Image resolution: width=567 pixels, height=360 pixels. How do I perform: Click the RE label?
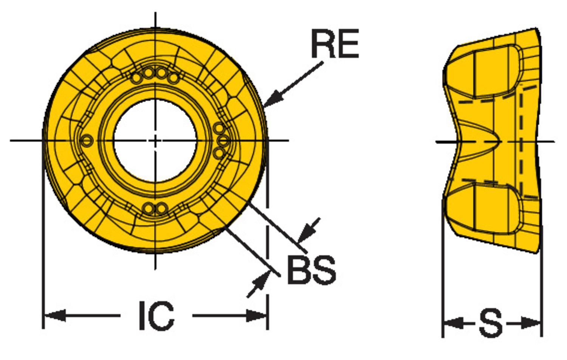335,45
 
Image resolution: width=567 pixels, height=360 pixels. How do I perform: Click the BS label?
311,270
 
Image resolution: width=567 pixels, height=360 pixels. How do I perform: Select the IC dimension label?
156,315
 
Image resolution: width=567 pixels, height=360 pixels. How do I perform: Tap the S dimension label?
491,323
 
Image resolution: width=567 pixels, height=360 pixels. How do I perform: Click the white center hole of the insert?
155,140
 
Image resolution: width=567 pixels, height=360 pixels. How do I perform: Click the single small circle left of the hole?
87,141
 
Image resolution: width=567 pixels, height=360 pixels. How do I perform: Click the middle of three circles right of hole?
223,141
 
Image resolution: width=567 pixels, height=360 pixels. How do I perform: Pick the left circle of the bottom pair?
149,208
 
